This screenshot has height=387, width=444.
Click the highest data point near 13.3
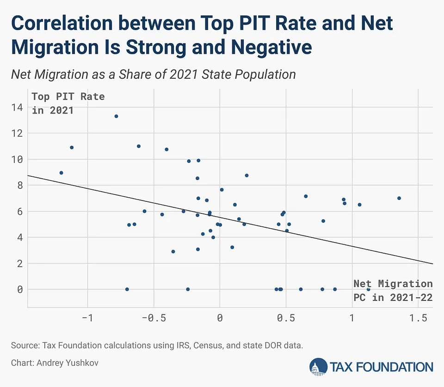click(116, 116)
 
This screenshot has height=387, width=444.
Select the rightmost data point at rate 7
click(399, 198)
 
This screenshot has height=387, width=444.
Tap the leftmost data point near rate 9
click(61, 173)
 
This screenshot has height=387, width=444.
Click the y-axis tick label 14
click(17, 107)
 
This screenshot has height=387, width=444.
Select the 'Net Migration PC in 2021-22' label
click(393, 290)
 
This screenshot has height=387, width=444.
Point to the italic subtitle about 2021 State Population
click(153, 74)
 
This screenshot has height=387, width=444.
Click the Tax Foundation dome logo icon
click(318, 367)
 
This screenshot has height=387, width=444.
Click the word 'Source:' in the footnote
click(24, 345)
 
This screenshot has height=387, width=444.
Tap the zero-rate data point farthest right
click(369, 289)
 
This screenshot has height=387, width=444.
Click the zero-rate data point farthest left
click(127, 289)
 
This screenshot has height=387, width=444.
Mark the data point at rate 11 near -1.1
click(72, 148)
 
